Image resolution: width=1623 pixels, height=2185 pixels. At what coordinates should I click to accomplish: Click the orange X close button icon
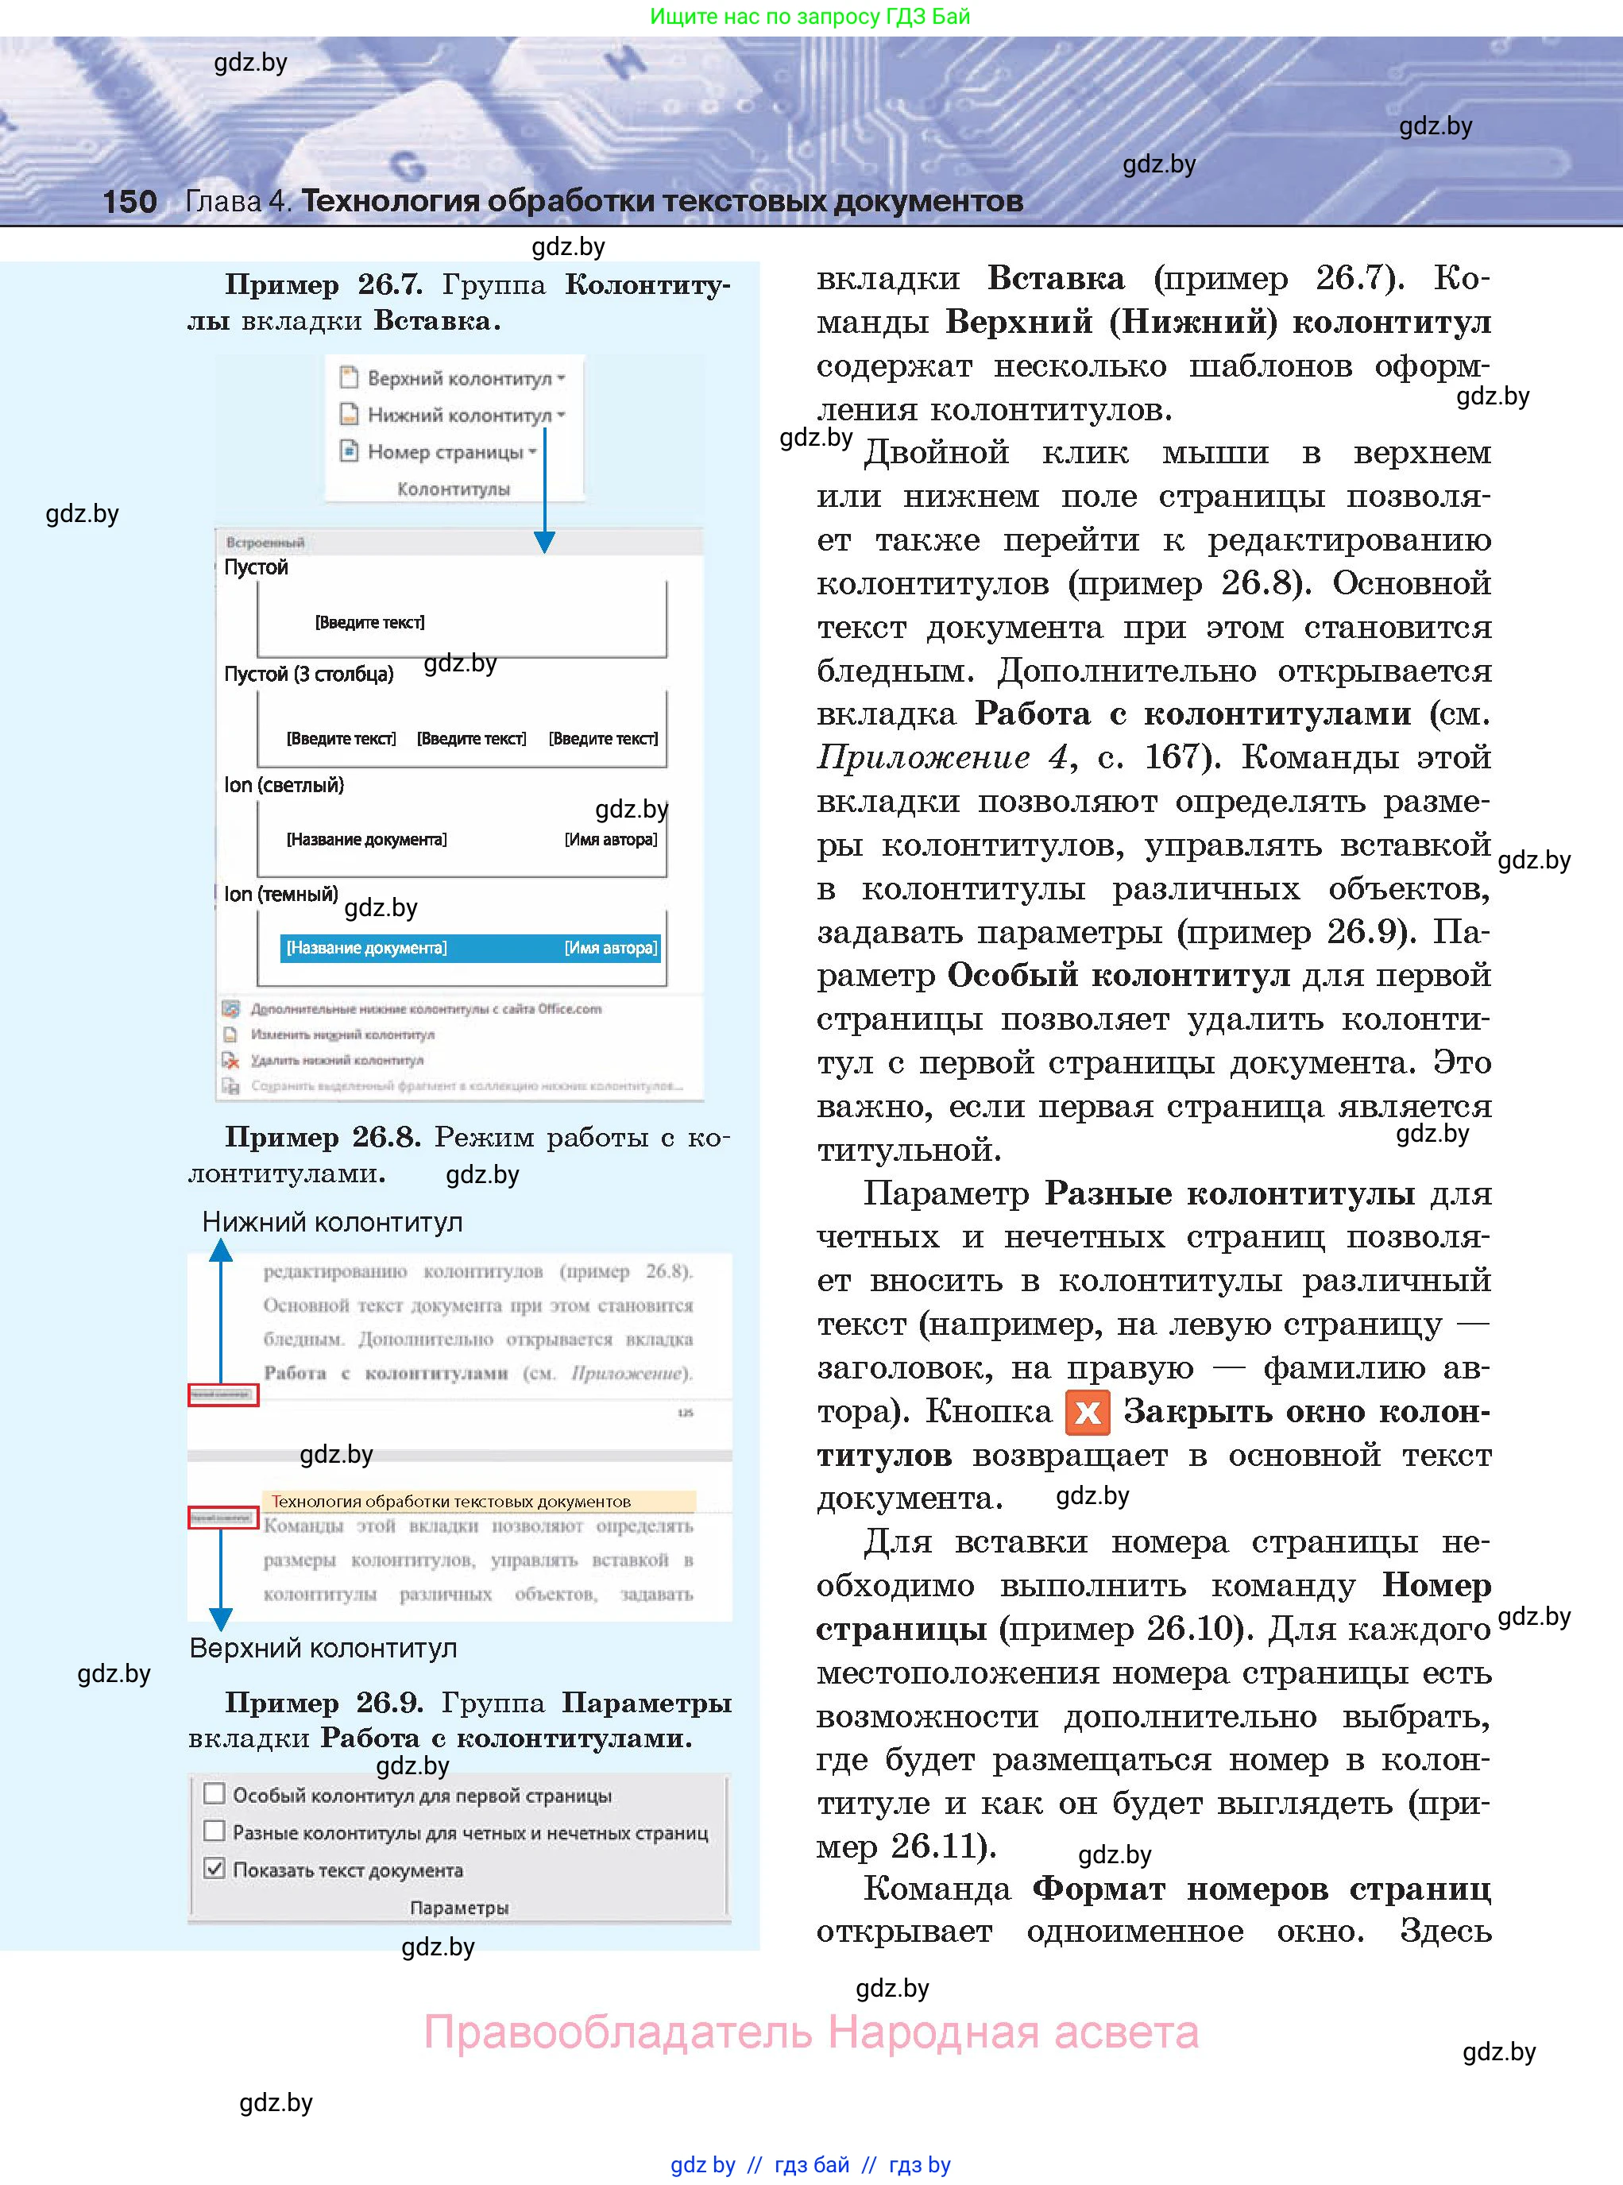pyautogui.click(x=1087, y=1413)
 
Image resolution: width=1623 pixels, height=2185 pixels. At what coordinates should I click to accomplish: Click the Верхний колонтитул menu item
pyautogui.click(x=458, y=378)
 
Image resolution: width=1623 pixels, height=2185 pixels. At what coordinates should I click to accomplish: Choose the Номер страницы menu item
pyautogui.click(x=444, y=452)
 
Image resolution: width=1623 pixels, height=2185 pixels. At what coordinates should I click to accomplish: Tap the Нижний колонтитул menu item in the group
pyautogui.click(x=458, y=416)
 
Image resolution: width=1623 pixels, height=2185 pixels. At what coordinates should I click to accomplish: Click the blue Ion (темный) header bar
pyautogui.click(x=470, y=948)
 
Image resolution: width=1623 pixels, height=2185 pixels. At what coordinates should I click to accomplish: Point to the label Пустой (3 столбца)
pyautogui.click(x=308, y=674)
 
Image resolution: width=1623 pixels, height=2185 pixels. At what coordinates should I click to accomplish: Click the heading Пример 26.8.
pyautogui.click(x=323, y=1137)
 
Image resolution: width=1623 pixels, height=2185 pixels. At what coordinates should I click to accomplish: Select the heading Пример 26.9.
pyautogui.click(x=323, y=1702)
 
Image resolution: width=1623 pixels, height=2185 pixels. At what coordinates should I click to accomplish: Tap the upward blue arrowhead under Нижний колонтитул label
pyautogui.click(x=221, y=1250)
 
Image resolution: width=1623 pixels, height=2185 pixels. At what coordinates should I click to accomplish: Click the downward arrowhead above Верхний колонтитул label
pyautogui.click(x=221, y=1618)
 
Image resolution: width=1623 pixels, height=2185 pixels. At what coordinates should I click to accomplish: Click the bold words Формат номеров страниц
pyautogui.click(x=1262, y=1889)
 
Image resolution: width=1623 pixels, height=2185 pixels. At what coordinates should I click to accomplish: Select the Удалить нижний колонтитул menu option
pyautogui.click(x=336, y=1060)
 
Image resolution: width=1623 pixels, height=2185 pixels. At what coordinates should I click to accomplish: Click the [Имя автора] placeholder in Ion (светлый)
pyautogui.click(x=610, y=839)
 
